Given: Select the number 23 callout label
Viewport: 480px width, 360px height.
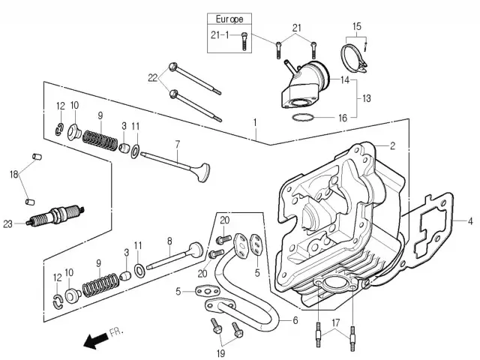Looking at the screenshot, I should tap(8, 223).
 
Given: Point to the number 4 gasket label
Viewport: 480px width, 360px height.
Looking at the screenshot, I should tap(471, 221).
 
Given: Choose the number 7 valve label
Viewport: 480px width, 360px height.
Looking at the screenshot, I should tap(178, 142).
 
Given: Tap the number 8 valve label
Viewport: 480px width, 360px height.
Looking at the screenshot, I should tap(169, 241).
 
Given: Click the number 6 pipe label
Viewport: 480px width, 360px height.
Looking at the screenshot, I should tap(295, 320).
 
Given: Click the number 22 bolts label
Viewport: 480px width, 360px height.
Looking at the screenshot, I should tap(153, 78).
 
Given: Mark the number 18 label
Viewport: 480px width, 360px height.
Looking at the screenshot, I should tap(13, 174).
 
